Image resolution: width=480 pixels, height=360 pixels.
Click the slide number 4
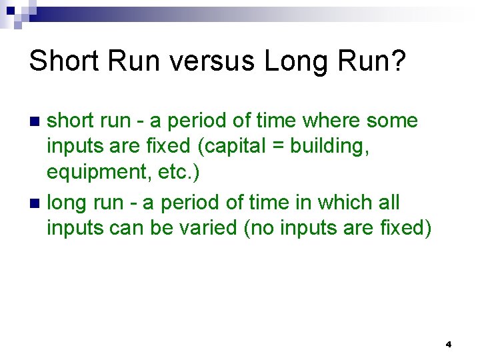click(x=448, y=345)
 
